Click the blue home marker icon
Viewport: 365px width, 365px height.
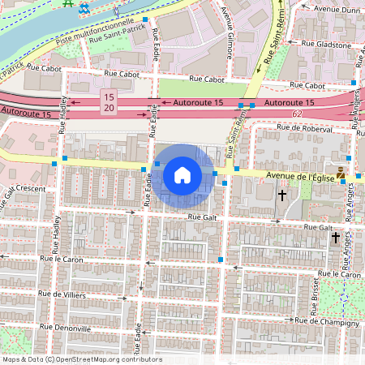pos(182,174)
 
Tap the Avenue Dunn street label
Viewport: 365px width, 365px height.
pos(336,9)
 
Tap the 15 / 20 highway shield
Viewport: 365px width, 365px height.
pos(108,102)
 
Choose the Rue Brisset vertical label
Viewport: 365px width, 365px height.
pos(315,297)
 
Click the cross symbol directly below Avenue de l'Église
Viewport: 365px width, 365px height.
pos(282,195)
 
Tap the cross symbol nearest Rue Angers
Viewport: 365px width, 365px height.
pos(335,237)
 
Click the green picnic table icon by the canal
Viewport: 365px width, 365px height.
pos(68,4)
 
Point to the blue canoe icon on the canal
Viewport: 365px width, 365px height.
pos(84,7)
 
